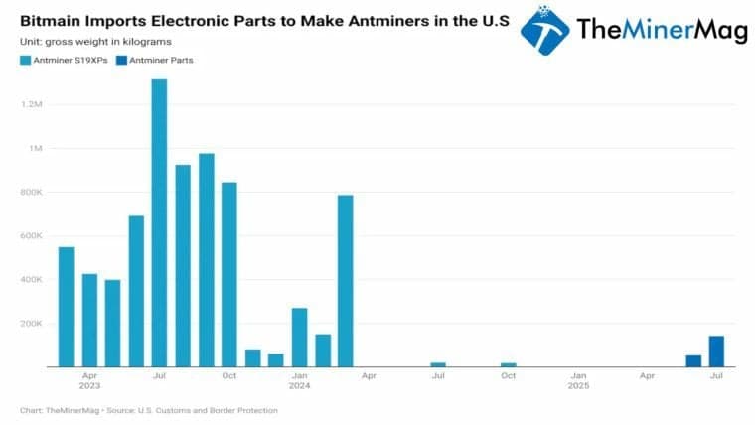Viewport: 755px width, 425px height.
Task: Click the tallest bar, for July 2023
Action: tap(159, 223)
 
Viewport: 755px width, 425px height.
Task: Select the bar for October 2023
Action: tap(229, 274)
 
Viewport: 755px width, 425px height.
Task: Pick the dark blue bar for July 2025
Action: tap(716, 352)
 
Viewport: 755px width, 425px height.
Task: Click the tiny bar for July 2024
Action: tap(438, 364)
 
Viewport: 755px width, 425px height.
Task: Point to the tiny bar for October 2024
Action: tap(509, 364)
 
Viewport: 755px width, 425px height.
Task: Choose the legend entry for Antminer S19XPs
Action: tap(66, 61)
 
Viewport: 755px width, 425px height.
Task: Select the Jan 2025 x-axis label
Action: tap(578, 381)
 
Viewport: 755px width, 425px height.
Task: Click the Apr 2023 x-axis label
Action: tap(89, 381)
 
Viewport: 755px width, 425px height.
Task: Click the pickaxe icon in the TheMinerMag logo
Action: tap(545, 30)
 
